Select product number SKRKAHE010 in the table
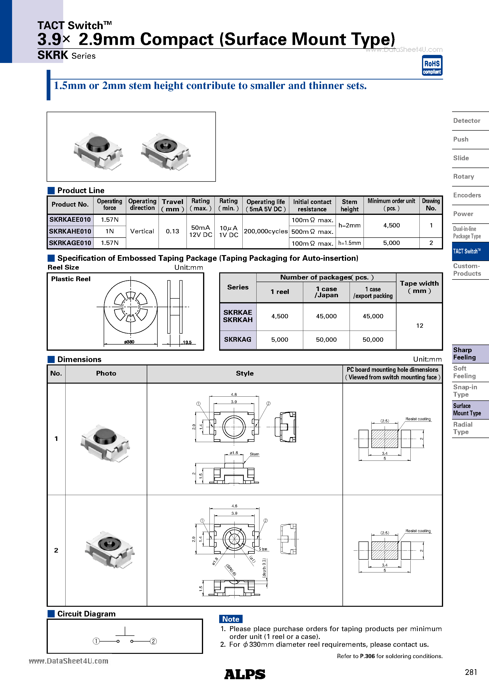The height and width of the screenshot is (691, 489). (x=70, y=231)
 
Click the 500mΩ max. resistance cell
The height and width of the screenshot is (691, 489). (x=312, y=232)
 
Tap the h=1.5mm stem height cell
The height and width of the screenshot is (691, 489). (x=349, y=243)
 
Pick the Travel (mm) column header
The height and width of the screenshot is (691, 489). (x=173, y=205)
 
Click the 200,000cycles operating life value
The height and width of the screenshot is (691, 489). (x=266, y=231)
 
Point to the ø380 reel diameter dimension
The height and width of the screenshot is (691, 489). (x=129, y=342)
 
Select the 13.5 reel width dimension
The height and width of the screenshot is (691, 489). (x=187, y=342)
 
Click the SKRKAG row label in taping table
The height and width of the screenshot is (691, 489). (x=238, y=340)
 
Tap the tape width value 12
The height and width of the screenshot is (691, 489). (x=419, y=326)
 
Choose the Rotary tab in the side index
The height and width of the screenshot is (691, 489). (x=464, y=177)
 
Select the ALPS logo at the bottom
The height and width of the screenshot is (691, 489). (x=244, y=674)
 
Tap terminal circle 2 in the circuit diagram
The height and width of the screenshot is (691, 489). (x=153, y=641)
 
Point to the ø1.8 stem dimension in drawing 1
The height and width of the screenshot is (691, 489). (x=234, y=453)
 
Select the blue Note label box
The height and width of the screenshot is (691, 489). (x=231, y=619)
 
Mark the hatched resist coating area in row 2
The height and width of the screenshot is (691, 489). (x=385, y=550)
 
